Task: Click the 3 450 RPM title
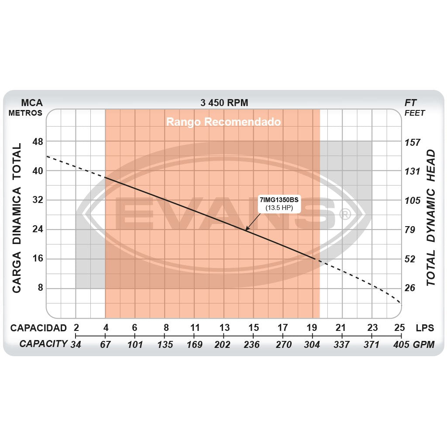[x=224, y=103]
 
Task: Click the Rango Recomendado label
[x=223, y=122]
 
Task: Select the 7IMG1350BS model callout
[x=279, y=204]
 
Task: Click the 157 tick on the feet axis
[x=413, y=142]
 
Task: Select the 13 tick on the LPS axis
[x=224, y=328]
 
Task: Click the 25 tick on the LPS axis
[x=399, y=328]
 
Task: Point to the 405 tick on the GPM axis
[x=400, y=345]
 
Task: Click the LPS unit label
[x=425, y=328]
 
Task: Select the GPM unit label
[x=424, y=345]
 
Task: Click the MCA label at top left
[x=31, y=103]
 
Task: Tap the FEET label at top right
[x=415, y=113]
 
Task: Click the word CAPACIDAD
[x=38, y=328]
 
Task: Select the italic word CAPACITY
[x=43, y=344]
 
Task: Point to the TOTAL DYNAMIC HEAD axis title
[x=431, y=217]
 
